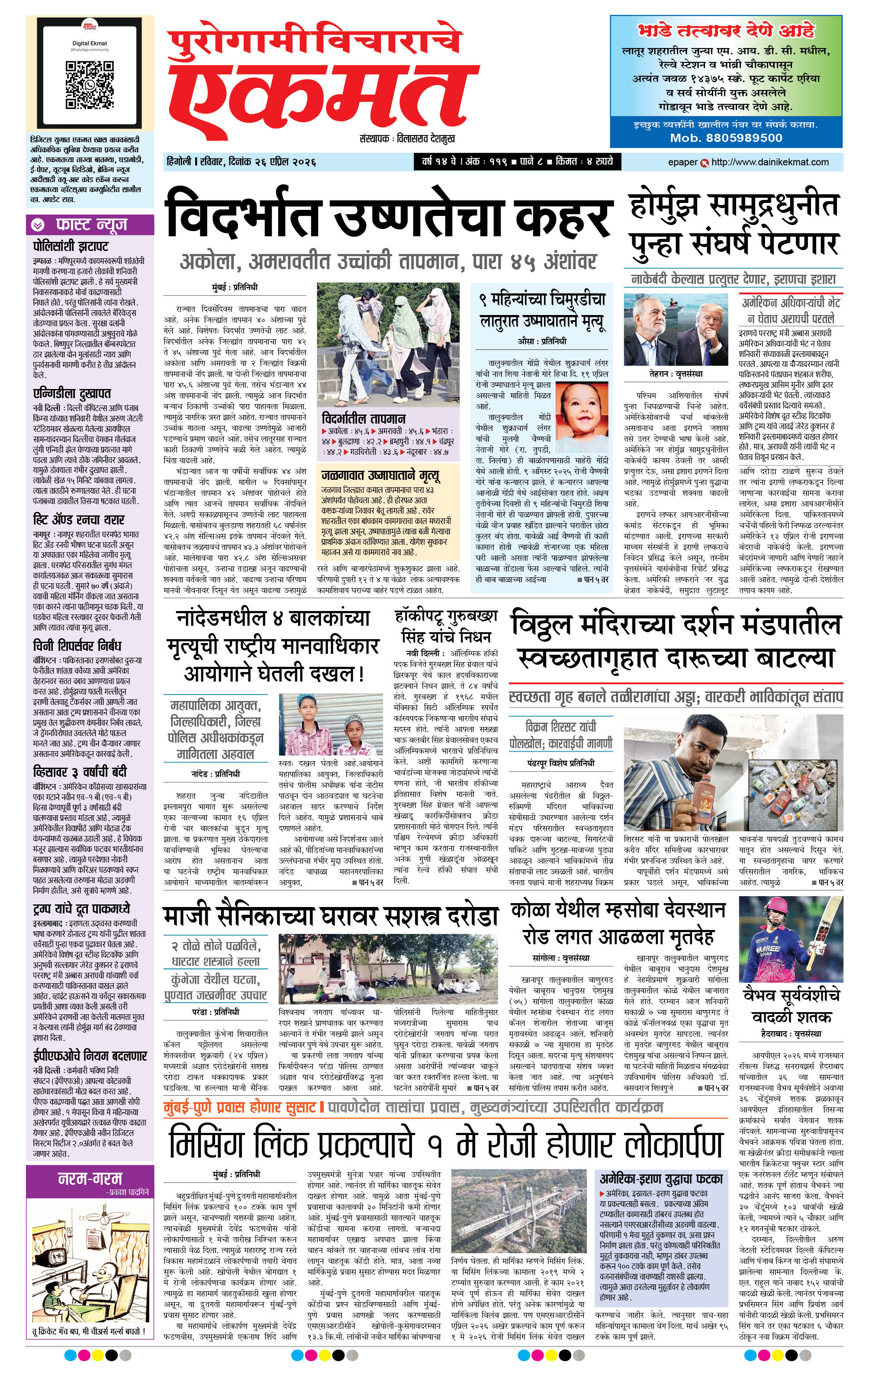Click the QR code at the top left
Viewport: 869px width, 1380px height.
90,85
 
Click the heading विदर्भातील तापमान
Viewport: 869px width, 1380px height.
364,419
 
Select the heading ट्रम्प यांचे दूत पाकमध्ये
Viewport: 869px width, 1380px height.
81,909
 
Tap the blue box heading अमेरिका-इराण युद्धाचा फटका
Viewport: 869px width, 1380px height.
660,1163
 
